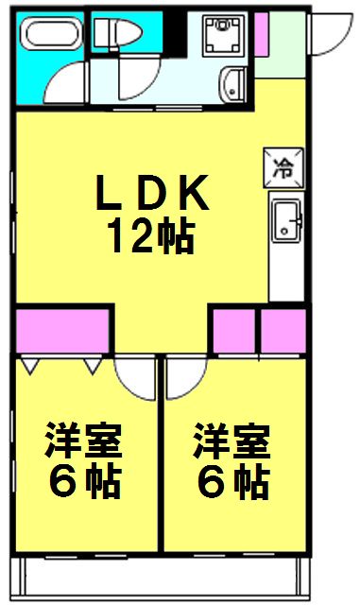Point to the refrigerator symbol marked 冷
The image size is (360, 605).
tap(283, 168)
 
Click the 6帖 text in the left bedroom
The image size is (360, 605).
tap(85, 484)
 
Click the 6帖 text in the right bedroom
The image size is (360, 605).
tap(232, 484)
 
